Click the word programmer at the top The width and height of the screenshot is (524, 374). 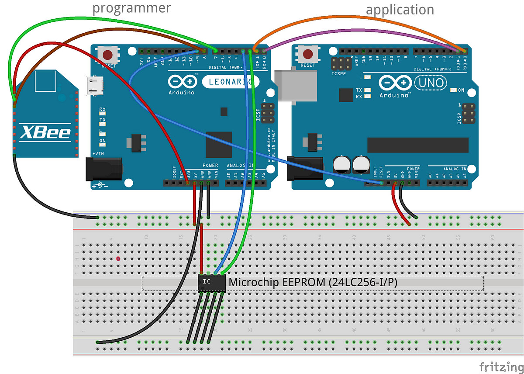(x=131, y=8)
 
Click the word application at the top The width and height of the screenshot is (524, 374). (x=400, y=10)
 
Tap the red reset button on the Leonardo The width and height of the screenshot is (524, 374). (x=108, y=55)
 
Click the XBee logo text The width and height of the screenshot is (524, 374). (x=45, y=132)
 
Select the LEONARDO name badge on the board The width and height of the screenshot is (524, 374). (x=228, y=82)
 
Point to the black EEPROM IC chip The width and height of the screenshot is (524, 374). (x=211, y=283)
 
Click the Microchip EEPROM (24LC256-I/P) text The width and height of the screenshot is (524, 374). (x=313, y=283)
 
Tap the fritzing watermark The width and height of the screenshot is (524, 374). (x=500, y=366)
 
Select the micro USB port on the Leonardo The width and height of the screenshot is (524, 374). (x=92, y=85)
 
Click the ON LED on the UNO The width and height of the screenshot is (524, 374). (x=453, y=90)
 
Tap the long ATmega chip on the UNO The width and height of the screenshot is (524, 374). (x=417, y=145)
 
